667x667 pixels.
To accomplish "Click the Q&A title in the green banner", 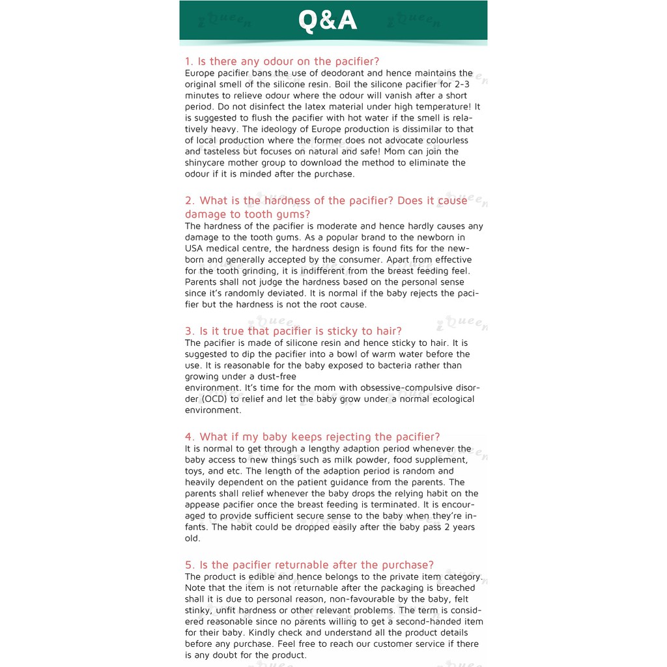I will (328, 21).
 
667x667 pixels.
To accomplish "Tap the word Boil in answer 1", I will (363, 84).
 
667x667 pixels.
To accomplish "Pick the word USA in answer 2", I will (194, 248).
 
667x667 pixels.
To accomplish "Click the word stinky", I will (199, 610).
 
